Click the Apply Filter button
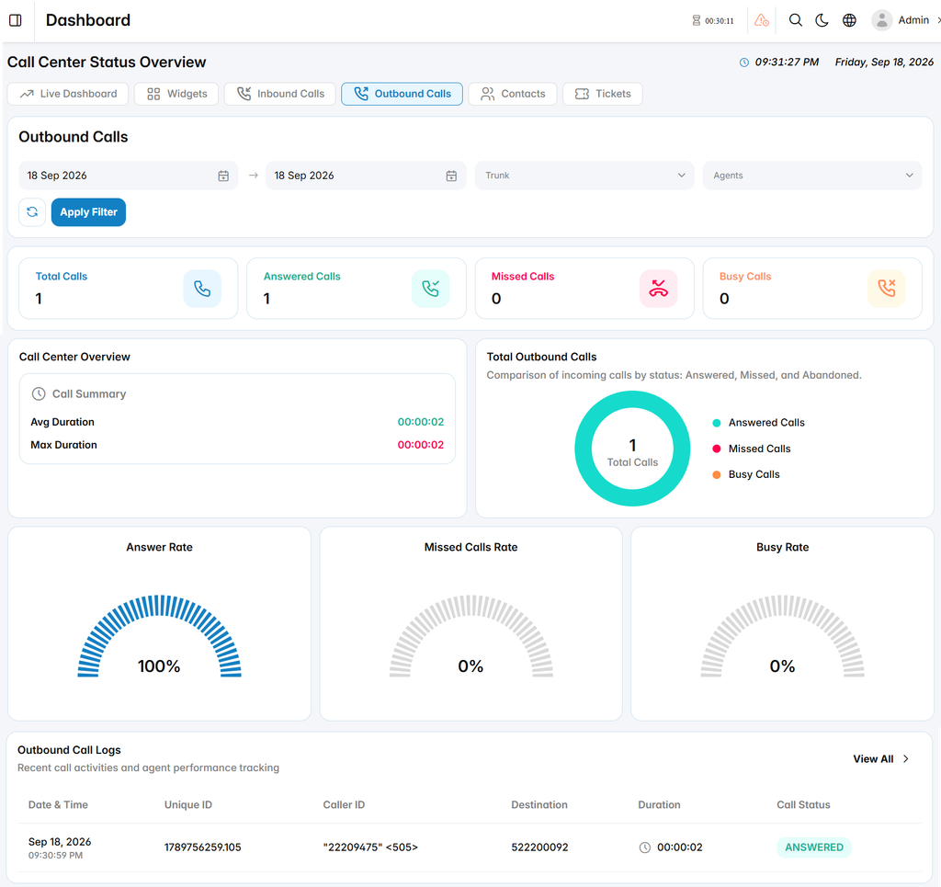point(88,211)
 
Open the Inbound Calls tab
point(279,94)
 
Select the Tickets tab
point(603,94)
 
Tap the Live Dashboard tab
point(68,94)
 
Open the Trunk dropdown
point(584,176)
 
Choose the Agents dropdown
point(812,176)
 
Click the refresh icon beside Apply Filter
point(32,211)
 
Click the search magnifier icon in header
point(795,20)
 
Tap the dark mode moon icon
point(822,20)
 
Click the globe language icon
point(849,20)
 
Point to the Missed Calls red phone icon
point(658,289)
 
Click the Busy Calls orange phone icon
point(887,289)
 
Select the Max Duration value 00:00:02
point(421,445)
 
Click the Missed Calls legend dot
point(716,449)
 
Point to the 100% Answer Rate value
point(159,666)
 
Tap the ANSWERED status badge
point(814,847)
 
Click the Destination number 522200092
point(539,847)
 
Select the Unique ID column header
point(188,805)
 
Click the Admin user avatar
point(881,20)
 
